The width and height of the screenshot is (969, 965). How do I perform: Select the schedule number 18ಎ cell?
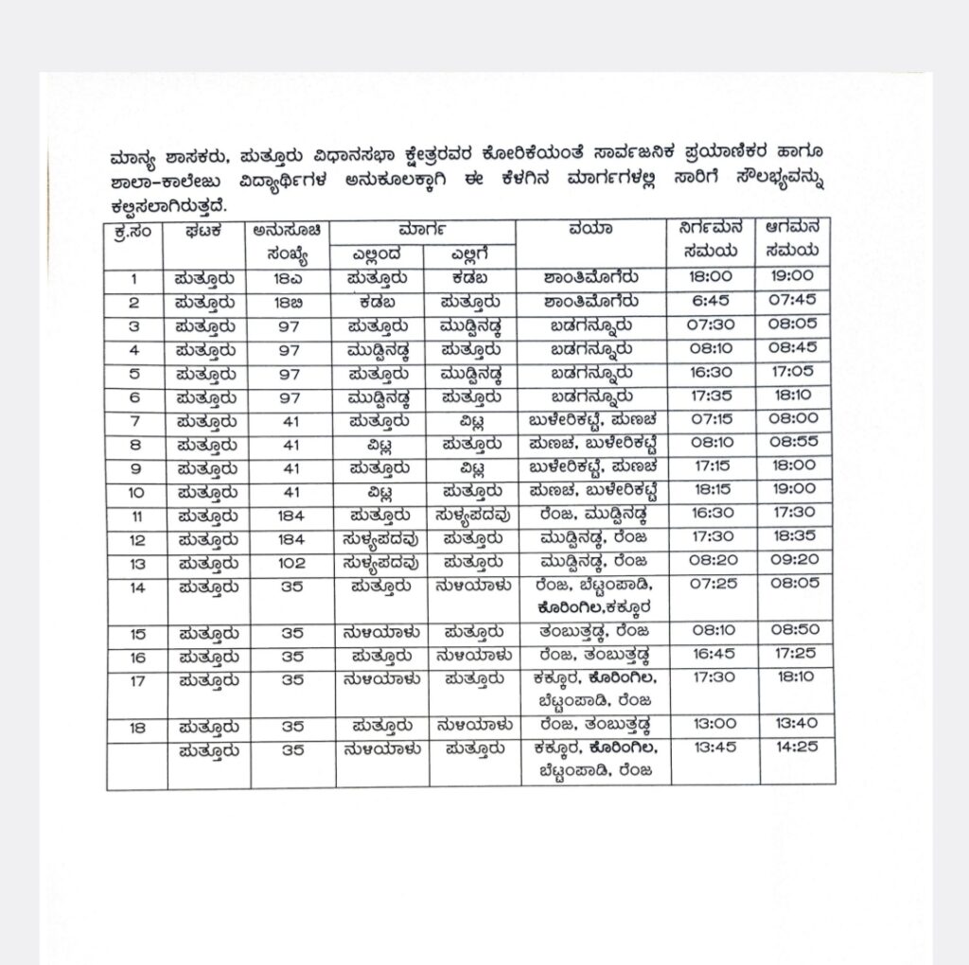tap(290, 278)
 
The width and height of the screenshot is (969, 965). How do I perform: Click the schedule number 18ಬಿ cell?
tap(290, 302)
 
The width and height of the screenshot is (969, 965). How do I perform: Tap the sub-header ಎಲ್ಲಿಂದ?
tap(378, 253)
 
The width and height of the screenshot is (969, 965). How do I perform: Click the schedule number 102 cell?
tap(290, 561)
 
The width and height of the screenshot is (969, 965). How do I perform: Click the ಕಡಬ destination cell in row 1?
tap(470, 278)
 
